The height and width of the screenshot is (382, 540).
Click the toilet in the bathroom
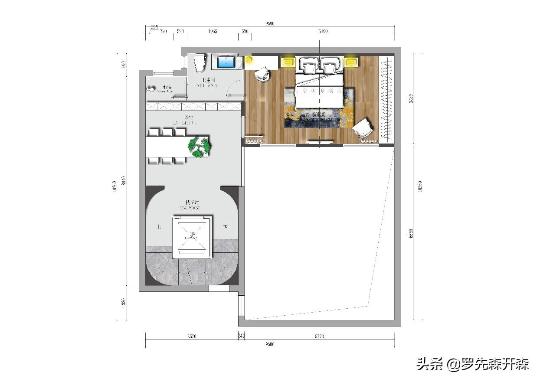pyautogui.click(x=200, y=63)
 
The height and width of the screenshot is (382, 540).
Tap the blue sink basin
pyautogui.click(x=226, y=62)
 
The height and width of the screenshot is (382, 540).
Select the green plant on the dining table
pyautogui.click(x=199, y=146)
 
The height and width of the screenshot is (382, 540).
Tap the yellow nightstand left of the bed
pyautogui.click(x=287, y=62)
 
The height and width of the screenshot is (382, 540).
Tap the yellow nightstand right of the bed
pyautogui.click(x=351, y=62)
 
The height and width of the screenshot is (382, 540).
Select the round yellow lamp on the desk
pyautogui.click(x=249, y=60)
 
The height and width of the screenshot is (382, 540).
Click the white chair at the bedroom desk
pyautogui.click(x=262, y=74)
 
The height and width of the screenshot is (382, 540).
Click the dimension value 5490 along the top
pyautogui.click(x=323, y=31)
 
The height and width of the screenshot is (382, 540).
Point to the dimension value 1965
pyautogui.click(x=213, y=31)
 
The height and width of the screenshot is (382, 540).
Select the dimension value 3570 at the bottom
pyautogui.click(x=192, y=336)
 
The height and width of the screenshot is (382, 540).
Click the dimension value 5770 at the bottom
pyautogui.click(x=320, y=336)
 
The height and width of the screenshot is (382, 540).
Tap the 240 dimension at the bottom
pyautogui.click(x=242, y=336)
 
